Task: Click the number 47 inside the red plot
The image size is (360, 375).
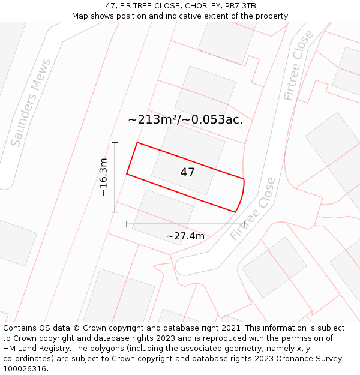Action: tap(187, 173)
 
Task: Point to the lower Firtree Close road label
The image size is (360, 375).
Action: tap(252, 209)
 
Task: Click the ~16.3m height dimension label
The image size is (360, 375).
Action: tap(103, 177)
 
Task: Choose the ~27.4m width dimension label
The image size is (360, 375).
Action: tap(185, 236)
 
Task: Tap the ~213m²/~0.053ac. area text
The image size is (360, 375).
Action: tap(185, 119)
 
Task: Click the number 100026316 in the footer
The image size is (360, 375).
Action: tap(25, 369)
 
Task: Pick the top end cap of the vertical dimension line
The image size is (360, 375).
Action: tap(115, 142)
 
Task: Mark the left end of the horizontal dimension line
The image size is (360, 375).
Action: tap(127, 224)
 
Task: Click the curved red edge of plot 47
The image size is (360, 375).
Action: tap(241, 196)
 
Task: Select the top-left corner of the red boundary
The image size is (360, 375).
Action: tap(137, 143)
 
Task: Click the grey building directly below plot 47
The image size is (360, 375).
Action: tap(163, 216)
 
